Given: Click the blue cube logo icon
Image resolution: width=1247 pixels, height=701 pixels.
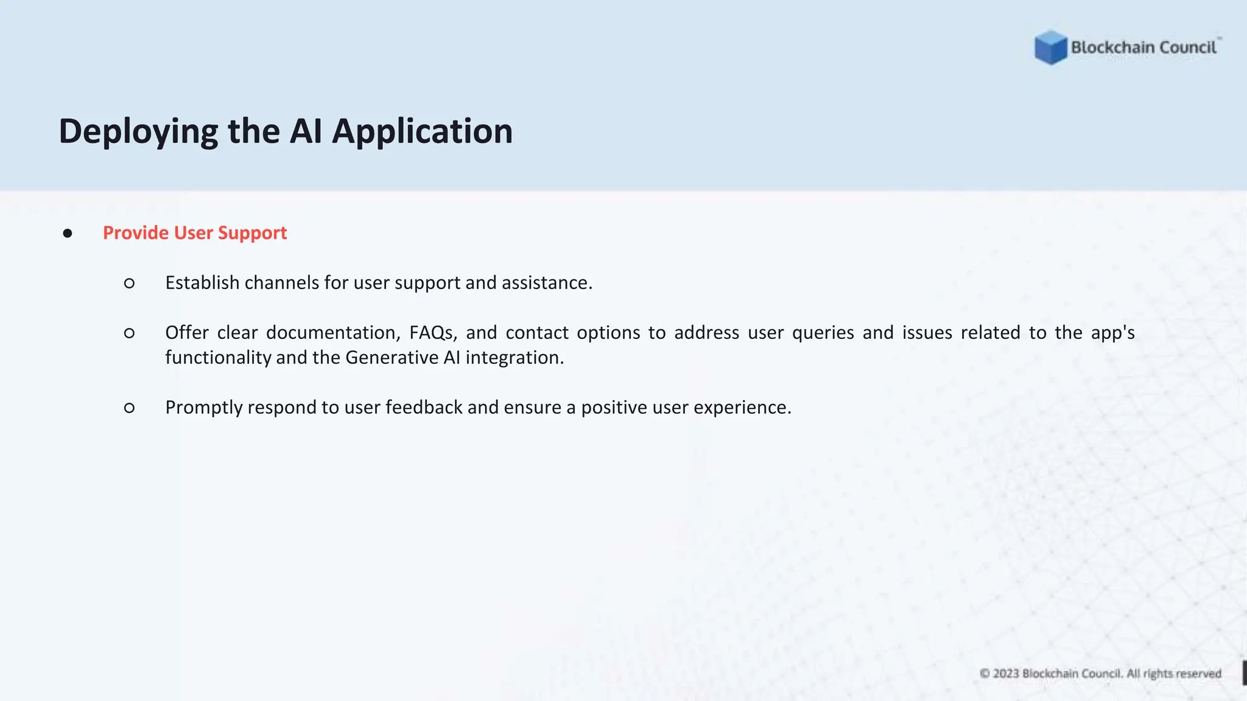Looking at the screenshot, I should tap(1050, 47).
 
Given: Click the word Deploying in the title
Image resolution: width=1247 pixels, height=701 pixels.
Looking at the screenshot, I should tap(138, 131).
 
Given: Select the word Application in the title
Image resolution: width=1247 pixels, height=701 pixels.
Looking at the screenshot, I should tap(422, 131).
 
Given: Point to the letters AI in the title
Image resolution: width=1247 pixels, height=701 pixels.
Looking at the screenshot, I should tap(306, 131).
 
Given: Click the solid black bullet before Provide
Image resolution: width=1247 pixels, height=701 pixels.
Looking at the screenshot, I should tap(68, 234).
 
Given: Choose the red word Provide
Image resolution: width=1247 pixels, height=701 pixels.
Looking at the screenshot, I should tap(136, 233).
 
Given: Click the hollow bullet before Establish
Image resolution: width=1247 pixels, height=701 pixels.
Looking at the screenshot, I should tap(129, 283).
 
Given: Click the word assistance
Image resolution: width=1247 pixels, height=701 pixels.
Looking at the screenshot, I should tap(546, 283).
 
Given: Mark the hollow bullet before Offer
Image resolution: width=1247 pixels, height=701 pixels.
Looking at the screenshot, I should tap(129, 333).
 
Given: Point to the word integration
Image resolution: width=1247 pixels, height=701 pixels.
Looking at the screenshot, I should tap(515, 358).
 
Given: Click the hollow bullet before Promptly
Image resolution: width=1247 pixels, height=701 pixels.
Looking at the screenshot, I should tap(129, 408).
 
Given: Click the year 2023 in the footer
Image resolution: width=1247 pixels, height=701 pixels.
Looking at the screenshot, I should tap(1006, 674).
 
